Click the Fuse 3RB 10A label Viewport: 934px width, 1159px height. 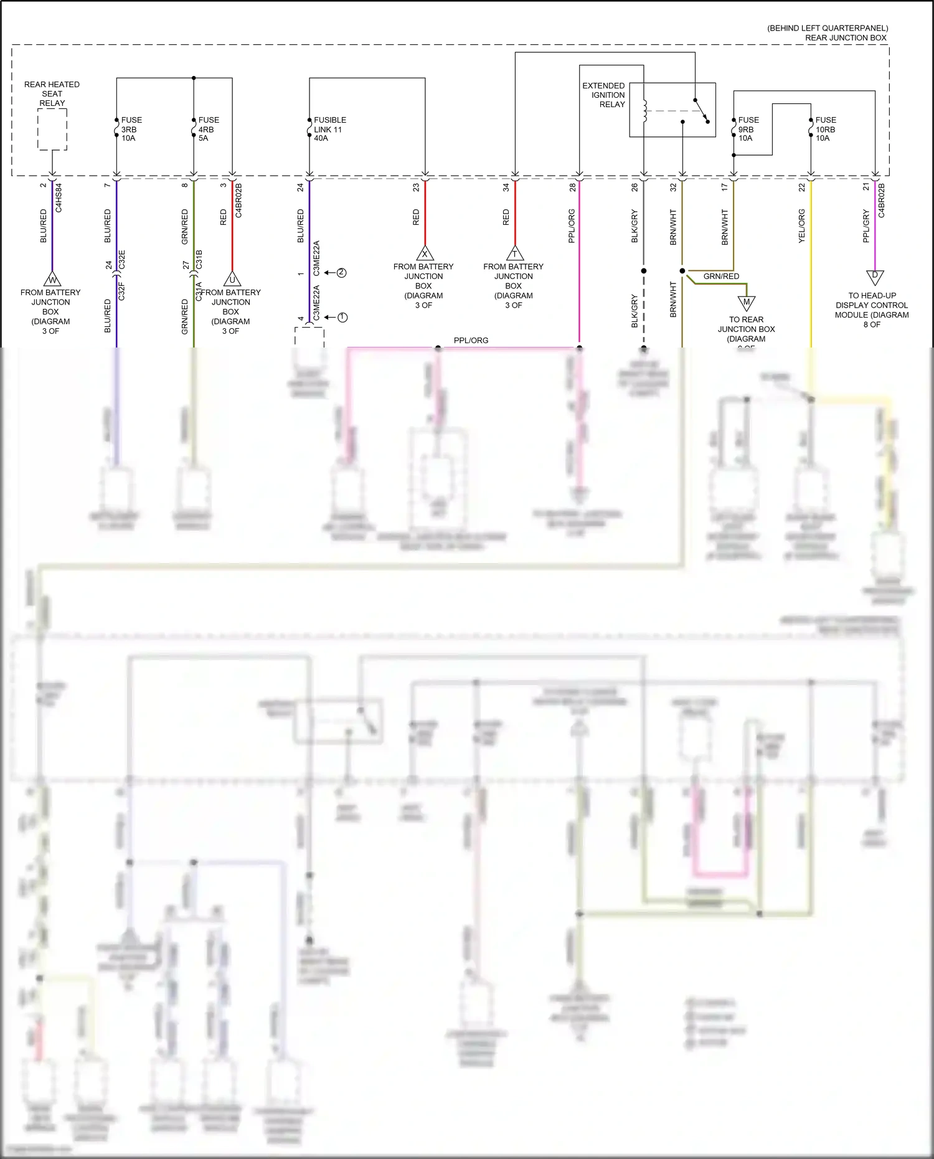(131, 129)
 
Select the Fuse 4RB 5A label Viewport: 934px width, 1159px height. (208, 129)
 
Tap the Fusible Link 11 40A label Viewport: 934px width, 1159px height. (329, 129)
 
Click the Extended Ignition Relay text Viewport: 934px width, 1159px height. (603, 95)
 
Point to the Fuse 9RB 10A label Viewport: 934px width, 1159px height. (748, 129)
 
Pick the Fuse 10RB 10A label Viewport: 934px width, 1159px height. (825, 129)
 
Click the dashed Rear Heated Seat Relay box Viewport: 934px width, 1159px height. (52, 130)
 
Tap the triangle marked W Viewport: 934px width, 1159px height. (52, 279)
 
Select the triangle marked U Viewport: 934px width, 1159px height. (232, 279)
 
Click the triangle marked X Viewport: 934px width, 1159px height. (425, 253)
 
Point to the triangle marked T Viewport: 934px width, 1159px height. (514, 253)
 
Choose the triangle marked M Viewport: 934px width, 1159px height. (747, 303)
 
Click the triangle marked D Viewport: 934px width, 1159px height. (875, 276)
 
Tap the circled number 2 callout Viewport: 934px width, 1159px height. (341, 273)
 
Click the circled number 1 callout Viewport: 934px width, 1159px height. (342, 318)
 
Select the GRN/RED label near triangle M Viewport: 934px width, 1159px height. (721, 276)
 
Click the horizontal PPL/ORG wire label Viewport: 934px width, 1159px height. (471, 340)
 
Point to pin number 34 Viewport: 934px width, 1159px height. (506, 187)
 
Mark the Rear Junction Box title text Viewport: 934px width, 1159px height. (845, 37)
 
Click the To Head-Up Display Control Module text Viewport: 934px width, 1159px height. (872, 310)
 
